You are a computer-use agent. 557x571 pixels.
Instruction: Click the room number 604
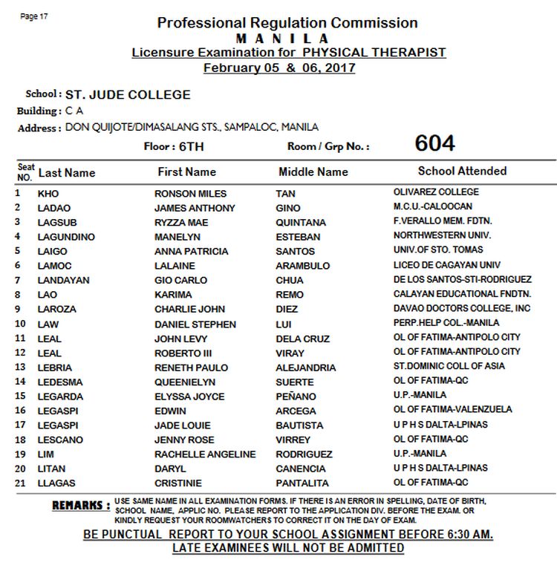434,143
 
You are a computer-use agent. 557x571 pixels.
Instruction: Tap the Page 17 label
35,16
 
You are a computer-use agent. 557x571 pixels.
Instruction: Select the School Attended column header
462,171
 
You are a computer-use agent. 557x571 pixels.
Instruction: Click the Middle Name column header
313,172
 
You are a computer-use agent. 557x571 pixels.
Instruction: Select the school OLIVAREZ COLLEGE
436,192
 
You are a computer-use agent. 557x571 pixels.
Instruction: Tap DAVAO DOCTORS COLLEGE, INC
462,308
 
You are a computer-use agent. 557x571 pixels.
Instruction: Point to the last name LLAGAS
56,483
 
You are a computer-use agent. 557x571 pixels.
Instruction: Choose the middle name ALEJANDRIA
305,368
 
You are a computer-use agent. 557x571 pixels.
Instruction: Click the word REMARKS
81,506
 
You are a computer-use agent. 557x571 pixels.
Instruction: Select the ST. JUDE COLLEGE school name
128,95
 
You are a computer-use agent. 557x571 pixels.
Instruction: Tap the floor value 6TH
192,146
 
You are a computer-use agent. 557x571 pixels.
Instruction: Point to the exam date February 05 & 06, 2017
278,68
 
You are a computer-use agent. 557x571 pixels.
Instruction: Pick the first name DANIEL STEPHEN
195,324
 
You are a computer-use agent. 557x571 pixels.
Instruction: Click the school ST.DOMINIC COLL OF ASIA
449,366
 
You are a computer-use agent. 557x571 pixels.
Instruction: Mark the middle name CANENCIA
300,469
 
